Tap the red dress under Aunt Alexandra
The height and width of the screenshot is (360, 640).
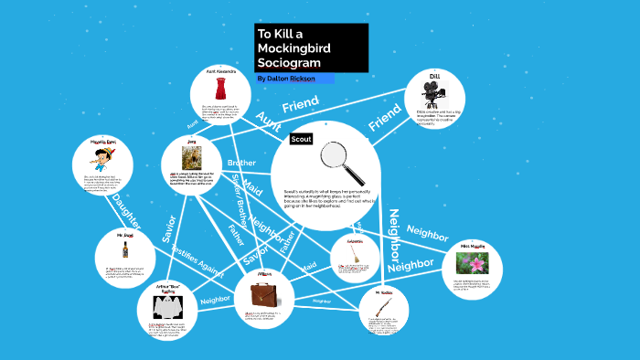point(219,89)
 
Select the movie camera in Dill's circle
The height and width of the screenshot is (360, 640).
point(433,94)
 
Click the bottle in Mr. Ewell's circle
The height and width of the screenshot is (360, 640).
point(124,249)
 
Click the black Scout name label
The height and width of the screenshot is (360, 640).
point(302,139)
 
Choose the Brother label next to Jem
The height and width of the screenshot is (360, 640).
point(242,163)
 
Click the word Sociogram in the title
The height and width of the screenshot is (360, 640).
point(288,63)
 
